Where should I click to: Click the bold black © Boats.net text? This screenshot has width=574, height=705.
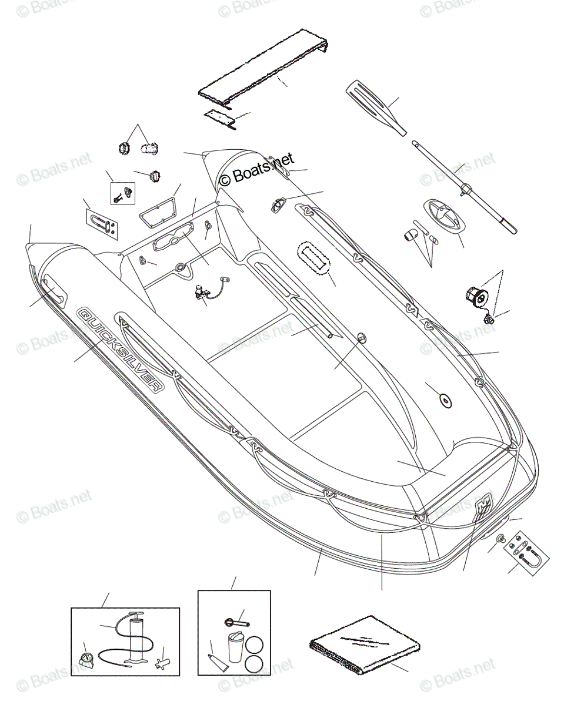pyautogui.click(x=256, y=169)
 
